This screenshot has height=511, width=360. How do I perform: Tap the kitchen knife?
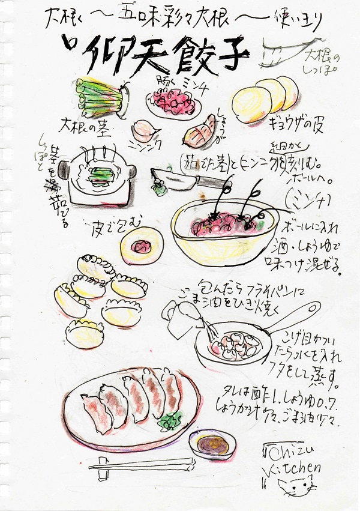(183, 178)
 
